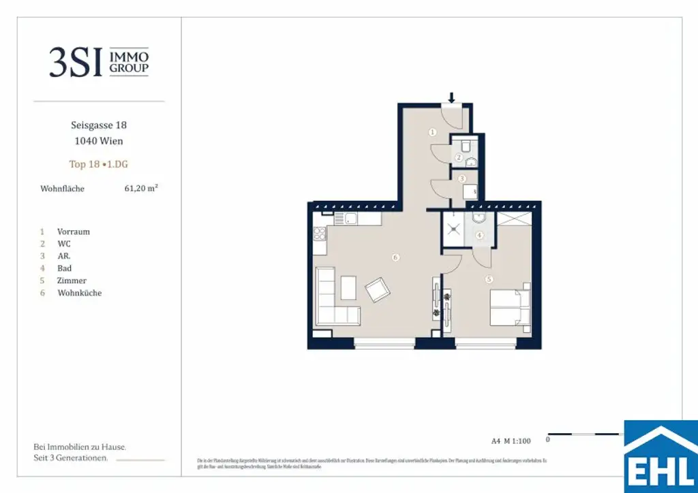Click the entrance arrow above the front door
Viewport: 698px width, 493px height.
(x=451, y=97)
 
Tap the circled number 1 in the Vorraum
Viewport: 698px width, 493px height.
(x=432, y=132)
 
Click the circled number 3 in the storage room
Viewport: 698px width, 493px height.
(x=462, y=178)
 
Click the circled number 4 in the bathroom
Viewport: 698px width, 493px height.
(x=479, y=236)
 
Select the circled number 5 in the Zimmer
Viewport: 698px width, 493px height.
(x=488, y=279)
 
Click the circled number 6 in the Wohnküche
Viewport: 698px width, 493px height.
(x=395, y=257)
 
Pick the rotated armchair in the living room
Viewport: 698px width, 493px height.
(x=377, y=291)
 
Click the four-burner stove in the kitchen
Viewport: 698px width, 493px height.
(x=320, y=234)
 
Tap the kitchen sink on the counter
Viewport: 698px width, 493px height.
(x=350, y=219)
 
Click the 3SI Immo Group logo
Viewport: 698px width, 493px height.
(x=99, y=63)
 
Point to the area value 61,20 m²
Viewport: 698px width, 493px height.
(x=140, y=189)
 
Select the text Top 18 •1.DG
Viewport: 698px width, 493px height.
(x=98, y=164)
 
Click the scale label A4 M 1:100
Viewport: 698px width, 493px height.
(x=511, y=441)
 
